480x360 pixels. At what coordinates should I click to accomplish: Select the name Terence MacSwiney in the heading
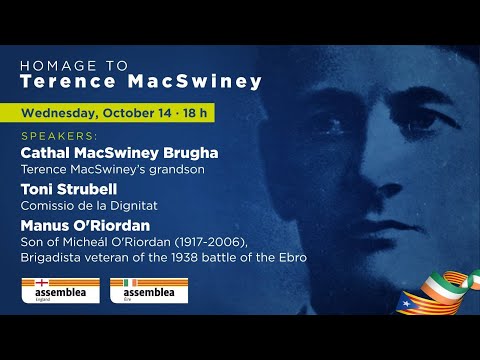pyautogui.click(x=141, y=81)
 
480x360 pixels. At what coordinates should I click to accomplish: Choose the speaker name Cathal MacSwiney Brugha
pyautogui.click(x=119, y=153)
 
